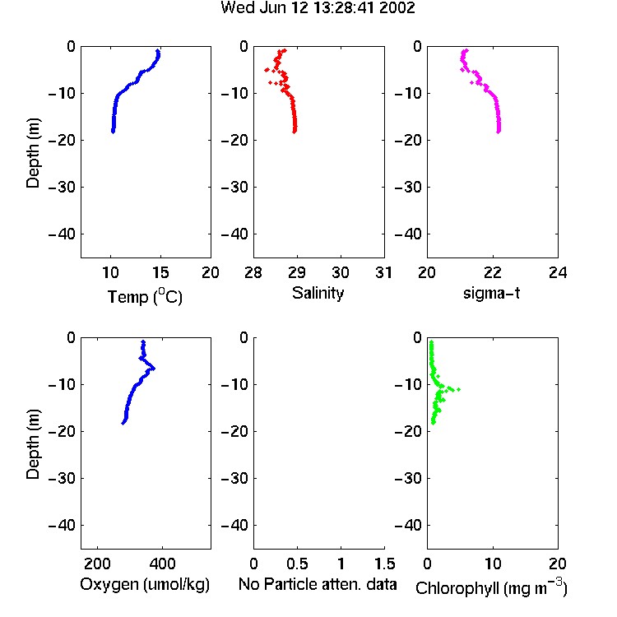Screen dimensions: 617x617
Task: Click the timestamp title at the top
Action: (318, 7)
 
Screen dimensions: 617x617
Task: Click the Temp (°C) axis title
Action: (145, 296)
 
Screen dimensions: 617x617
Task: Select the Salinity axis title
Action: (318, 293)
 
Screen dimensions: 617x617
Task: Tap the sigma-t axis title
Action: (491, 293)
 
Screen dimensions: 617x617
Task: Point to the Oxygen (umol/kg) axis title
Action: (145, 584)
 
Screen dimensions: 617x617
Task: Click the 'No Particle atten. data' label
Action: (318, 584)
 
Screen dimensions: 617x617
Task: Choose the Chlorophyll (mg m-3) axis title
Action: (491, 587)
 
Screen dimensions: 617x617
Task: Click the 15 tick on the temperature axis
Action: (160, 272)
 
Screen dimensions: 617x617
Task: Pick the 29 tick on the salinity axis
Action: (297, 272)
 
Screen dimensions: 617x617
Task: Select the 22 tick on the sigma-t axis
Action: (492, 272)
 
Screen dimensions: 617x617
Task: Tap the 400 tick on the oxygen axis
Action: (162, 564)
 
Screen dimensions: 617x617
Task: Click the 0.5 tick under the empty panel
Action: (297, 564)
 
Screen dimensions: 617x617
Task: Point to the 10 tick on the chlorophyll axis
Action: (493, 564)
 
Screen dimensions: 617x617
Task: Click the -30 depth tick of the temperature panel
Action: (62, 188)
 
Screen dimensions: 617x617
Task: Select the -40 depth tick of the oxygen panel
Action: (62, 525)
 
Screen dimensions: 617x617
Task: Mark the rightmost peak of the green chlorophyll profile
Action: (459, 390)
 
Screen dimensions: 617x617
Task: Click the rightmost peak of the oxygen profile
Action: (154, 369)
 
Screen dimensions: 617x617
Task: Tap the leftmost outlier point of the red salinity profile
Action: (267, 70)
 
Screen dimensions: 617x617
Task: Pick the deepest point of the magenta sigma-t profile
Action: (499, 132)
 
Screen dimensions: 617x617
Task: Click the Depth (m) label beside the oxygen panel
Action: (33, 444)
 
